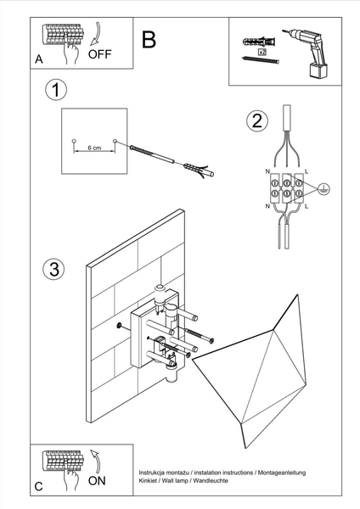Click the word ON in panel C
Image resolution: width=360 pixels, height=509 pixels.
[x=98, y=481]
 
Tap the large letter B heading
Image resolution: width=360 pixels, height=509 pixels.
[x=149, y=39]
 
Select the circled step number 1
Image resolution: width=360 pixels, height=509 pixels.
[x=55, y=89]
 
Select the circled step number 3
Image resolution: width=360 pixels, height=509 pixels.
[x=53, y=270]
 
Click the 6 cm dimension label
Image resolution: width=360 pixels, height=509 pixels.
[x=94, y=148]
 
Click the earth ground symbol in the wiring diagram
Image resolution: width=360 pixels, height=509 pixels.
[x=323, y=191]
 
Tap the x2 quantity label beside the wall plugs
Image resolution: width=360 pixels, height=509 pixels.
[x=262, y=52]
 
